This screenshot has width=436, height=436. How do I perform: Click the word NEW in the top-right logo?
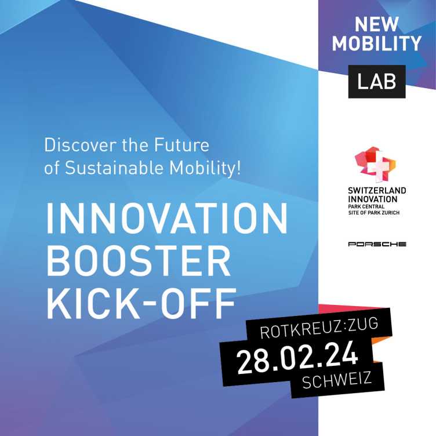(376, 24)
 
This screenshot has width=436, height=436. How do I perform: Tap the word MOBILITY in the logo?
(377, 43)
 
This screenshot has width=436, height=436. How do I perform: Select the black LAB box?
(377, 82)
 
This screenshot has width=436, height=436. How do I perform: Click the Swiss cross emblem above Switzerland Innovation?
(375, 165)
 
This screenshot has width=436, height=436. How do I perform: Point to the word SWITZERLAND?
(377, 191)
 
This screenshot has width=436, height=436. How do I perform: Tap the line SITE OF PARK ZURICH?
(374, 213)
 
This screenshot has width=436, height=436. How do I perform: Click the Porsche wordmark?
(377, 244)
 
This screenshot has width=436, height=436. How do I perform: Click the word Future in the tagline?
(181, 145)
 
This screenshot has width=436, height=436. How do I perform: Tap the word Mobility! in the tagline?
(205, 168)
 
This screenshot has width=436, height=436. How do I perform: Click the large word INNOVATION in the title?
(167, 218)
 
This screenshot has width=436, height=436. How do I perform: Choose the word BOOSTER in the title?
(138, 261)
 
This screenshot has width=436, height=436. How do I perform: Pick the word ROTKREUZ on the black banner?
(300, 329)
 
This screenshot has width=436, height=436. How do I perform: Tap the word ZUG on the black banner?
(364, 324)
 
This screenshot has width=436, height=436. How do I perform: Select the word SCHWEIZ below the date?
(337, 380)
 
